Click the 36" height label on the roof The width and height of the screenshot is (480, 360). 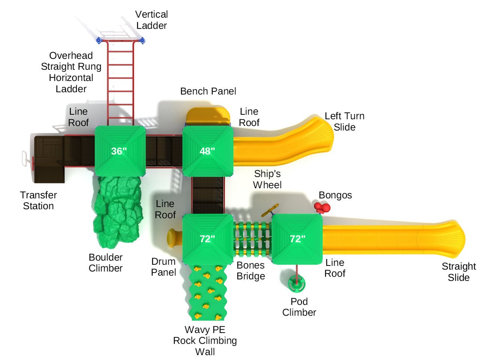pos(119,151)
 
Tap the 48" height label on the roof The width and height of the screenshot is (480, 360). pos(207,151)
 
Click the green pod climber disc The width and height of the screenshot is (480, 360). pos(297,284)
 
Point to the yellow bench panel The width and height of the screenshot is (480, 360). pos(208,116)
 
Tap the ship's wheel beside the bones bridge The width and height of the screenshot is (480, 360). pos(270,210)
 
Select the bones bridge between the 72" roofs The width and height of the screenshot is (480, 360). pos(252,239)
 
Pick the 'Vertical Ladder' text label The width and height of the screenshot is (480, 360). pos(151,20)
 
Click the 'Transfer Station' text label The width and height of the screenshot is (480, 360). pos(38,201)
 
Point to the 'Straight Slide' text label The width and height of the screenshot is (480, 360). pos(458,272)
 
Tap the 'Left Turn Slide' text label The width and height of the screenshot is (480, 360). pos(344,121)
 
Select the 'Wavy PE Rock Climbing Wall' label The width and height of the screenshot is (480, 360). pos(205,340)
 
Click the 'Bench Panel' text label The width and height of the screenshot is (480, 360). pos(208,91)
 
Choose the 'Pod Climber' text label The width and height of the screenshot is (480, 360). pos(299,307)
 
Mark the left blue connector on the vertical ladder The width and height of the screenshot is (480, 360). pos(99,40)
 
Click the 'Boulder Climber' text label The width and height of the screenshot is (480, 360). pos(105,262)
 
